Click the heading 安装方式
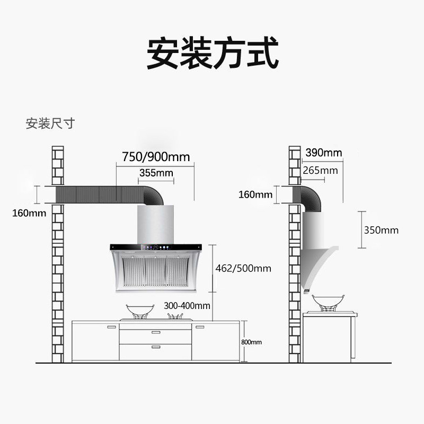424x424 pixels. click(212, 53)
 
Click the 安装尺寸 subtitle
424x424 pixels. click(50, 124)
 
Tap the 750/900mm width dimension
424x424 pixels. click(156, 157)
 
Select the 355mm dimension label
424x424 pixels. click(156, 173)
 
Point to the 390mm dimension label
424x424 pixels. click(323, 153)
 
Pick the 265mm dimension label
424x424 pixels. click(320, 170)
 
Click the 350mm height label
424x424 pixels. click(381, 230)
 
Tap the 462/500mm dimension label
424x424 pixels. click(243, 268)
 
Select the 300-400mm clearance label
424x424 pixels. click(187, 306)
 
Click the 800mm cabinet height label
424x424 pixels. click(251, 342)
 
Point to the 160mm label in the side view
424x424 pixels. click(255, 195)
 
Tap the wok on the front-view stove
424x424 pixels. click(137, 311)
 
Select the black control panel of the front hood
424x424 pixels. click(156, 246)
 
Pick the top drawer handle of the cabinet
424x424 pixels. click(156, 332)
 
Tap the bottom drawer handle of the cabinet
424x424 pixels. click(156, 347)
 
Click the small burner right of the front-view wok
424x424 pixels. click(175, 316)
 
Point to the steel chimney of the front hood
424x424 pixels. click(156, 223)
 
